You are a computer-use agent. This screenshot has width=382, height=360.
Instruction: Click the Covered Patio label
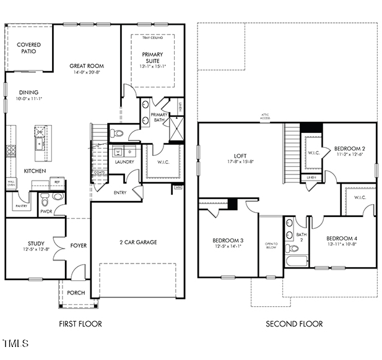coord(28,48)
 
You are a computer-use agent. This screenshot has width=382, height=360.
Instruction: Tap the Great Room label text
coord(87,66)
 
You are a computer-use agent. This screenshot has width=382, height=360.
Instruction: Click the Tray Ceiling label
coord(152,38)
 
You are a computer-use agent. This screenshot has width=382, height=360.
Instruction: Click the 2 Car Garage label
coord(137,242)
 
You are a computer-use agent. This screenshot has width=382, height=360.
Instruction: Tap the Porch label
coord(76,293)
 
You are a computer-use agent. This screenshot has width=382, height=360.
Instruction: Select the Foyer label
coord(79,246)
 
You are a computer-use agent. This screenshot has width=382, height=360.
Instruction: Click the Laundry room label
coord(124,162)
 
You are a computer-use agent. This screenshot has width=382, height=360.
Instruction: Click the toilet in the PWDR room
coord(45,201)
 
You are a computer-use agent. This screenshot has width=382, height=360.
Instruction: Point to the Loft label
coord(241,156)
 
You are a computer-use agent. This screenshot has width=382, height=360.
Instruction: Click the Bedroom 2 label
coord(350,148)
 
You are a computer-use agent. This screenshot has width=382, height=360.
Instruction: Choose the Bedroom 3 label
coord(228,240)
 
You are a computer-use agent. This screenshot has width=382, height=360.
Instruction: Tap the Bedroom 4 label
coord(342,238)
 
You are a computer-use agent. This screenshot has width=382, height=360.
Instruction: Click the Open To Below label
coord(271,247)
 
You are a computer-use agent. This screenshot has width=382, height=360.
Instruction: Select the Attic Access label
coord(265,116)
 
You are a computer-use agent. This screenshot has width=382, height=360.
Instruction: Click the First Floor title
coord(80,324)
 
